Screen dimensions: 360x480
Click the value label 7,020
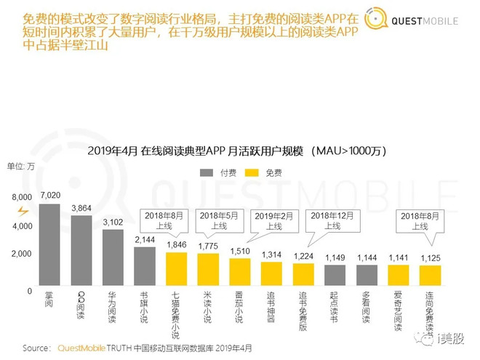[x=50, y=195]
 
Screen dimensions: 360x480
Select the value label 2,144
[x=145, y=239]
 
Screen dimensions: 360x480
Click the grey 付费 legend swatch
[x=208, y=172]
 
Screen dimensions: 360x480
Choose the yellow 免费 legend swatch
[x=254, y=172]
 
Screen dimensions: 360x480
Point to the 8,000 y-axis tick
[x=22, y=197]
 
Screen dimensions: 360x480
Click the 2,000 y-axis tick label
[x=22, y=254]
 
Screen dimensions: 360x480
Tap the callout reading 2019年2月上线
[x=271, y=220]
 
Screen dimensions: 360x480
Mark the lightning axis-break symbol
[x=23, y=211]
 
